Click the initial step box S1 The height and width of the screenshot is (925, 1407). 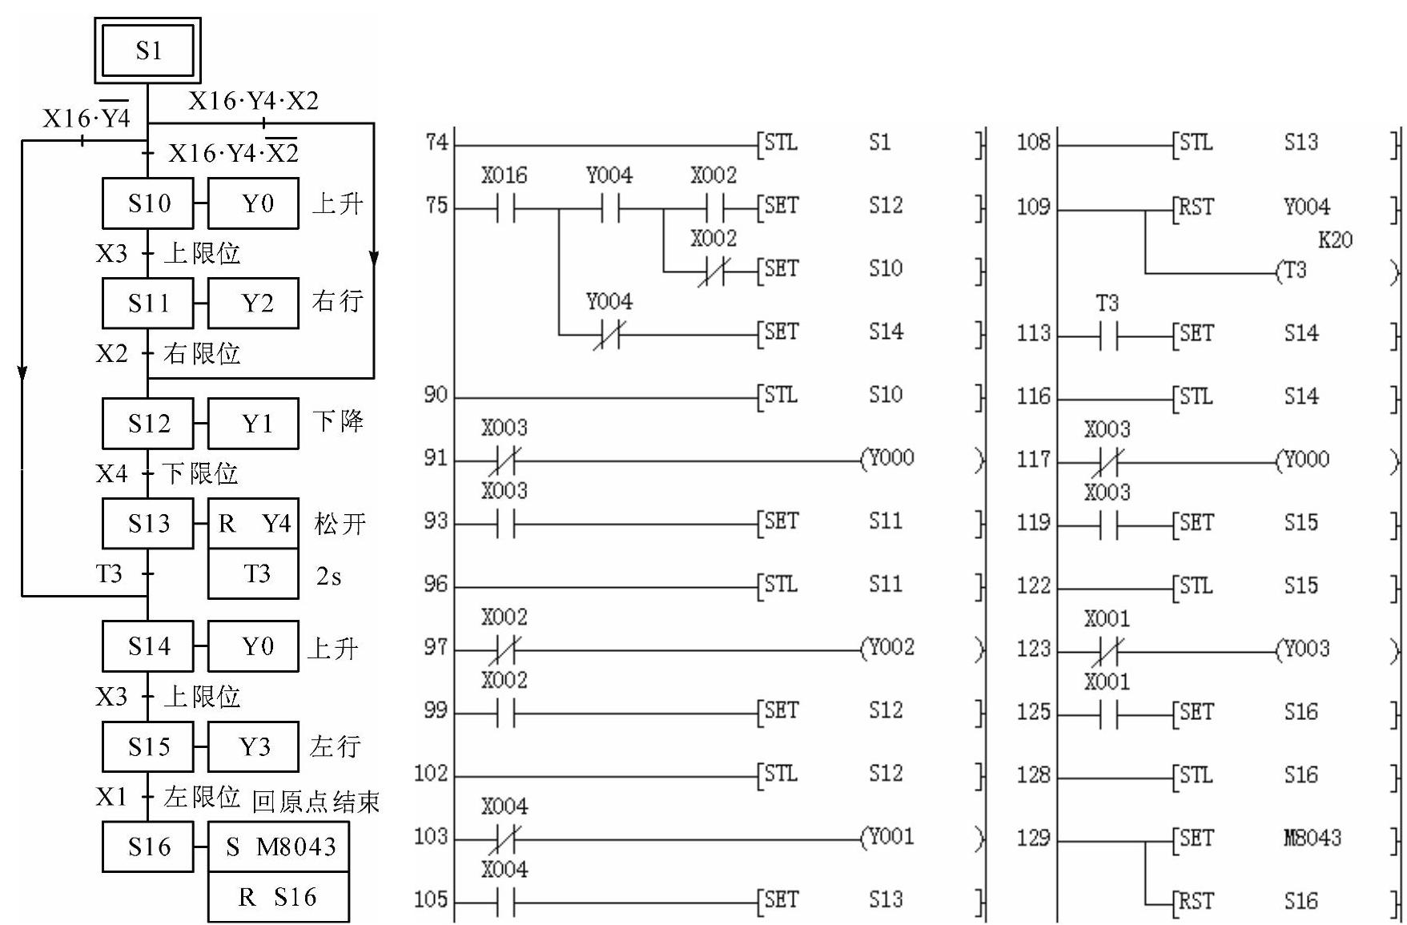148,50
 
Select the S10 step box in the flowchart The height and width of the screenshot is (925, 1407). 148,203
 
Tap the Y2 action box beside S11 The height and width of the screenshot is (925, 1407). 254,303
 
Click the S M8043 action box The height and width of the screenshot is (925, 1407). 279,847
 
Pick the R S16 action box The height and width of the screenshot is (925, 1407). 279,897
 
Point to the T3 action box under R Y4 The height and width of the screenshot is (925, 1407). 254,573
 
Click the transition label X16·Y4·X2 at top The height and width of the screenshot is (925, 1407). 253,101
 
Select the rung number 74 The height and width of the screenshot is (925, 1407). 436,143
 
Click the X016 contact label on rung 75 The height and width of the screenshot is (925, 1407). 505,175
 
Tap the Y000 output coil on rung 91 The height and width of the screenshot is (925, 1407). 890,458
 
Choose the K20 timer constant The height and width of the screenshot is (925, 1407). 1334,239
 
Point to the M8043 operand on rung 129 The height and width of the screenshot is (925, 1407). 1312,838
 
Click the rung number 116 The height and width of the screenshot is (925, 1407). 1033,396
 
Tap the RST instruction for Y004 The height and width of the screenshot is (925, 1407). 1196,207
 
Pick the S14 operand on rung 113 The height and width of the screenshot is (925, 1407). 1300,333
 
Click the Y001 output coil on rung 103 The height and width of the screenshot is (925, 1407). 890,837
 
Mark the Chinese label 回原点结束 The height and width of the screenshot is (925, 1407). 316,802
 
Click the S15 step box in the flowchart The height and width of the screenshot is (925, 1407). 148,747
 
